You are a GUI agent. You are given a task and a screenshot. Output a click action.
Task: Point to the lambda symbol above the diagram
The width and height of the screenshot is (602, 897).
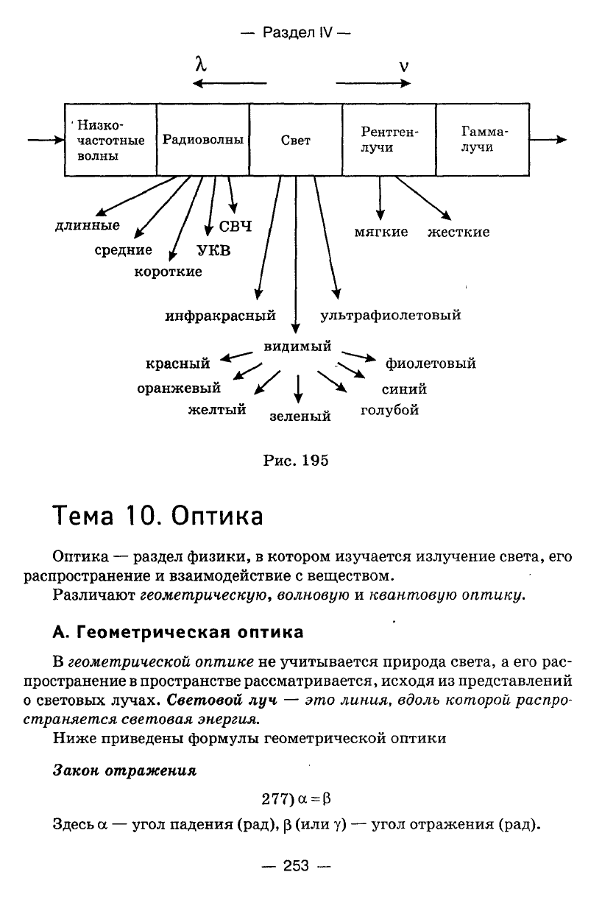[201, 64]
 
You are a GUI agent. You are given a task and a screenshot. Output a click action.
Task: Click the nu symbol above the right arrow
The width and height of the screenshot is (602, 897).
[404, 66]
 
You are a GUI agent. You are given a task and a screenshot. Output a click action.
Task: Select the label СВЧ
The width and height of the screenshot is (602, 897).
[236, 227]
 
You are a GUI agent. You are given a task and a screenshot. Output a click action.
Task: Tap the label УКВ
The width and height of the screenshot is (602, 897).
[214, 251]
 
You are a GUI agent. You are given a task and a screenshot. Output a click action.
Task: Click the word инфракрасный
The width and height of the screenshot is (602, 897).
[221, 316]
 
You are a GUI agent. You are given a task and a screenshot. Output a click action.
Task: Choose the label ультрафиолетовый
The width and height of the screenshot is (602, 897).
[391, 316]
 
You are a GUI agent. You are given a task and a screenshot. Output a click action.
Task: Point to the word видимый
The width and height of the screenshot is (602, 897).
[297, 346]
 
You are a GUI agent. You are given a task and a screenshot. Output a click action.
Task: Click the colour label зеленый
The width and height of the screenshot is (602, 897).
[300, 416]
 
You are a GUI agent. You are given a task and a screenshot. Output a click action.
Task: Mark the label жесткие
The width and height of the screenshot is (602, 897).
[458, 233]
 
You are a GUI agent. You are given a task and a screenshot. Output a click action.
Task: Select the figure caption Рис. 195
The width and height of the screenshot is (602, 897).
[296, 461]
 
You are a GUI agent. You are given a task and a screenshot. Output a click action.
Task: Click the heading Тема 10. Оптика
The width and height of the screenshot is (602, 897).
[157, 516]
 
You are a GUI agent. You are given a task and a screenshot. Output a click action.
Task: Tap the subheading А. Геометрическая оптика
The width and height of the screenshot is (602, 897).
[178, 632]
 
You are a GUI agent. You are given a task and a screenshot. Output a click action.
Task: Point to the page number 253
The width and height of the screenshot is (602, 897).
[296, 866]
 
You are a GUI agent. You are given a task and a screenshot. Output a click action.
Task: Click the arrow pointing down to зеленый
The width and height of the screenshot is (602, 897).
[298, 389]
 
